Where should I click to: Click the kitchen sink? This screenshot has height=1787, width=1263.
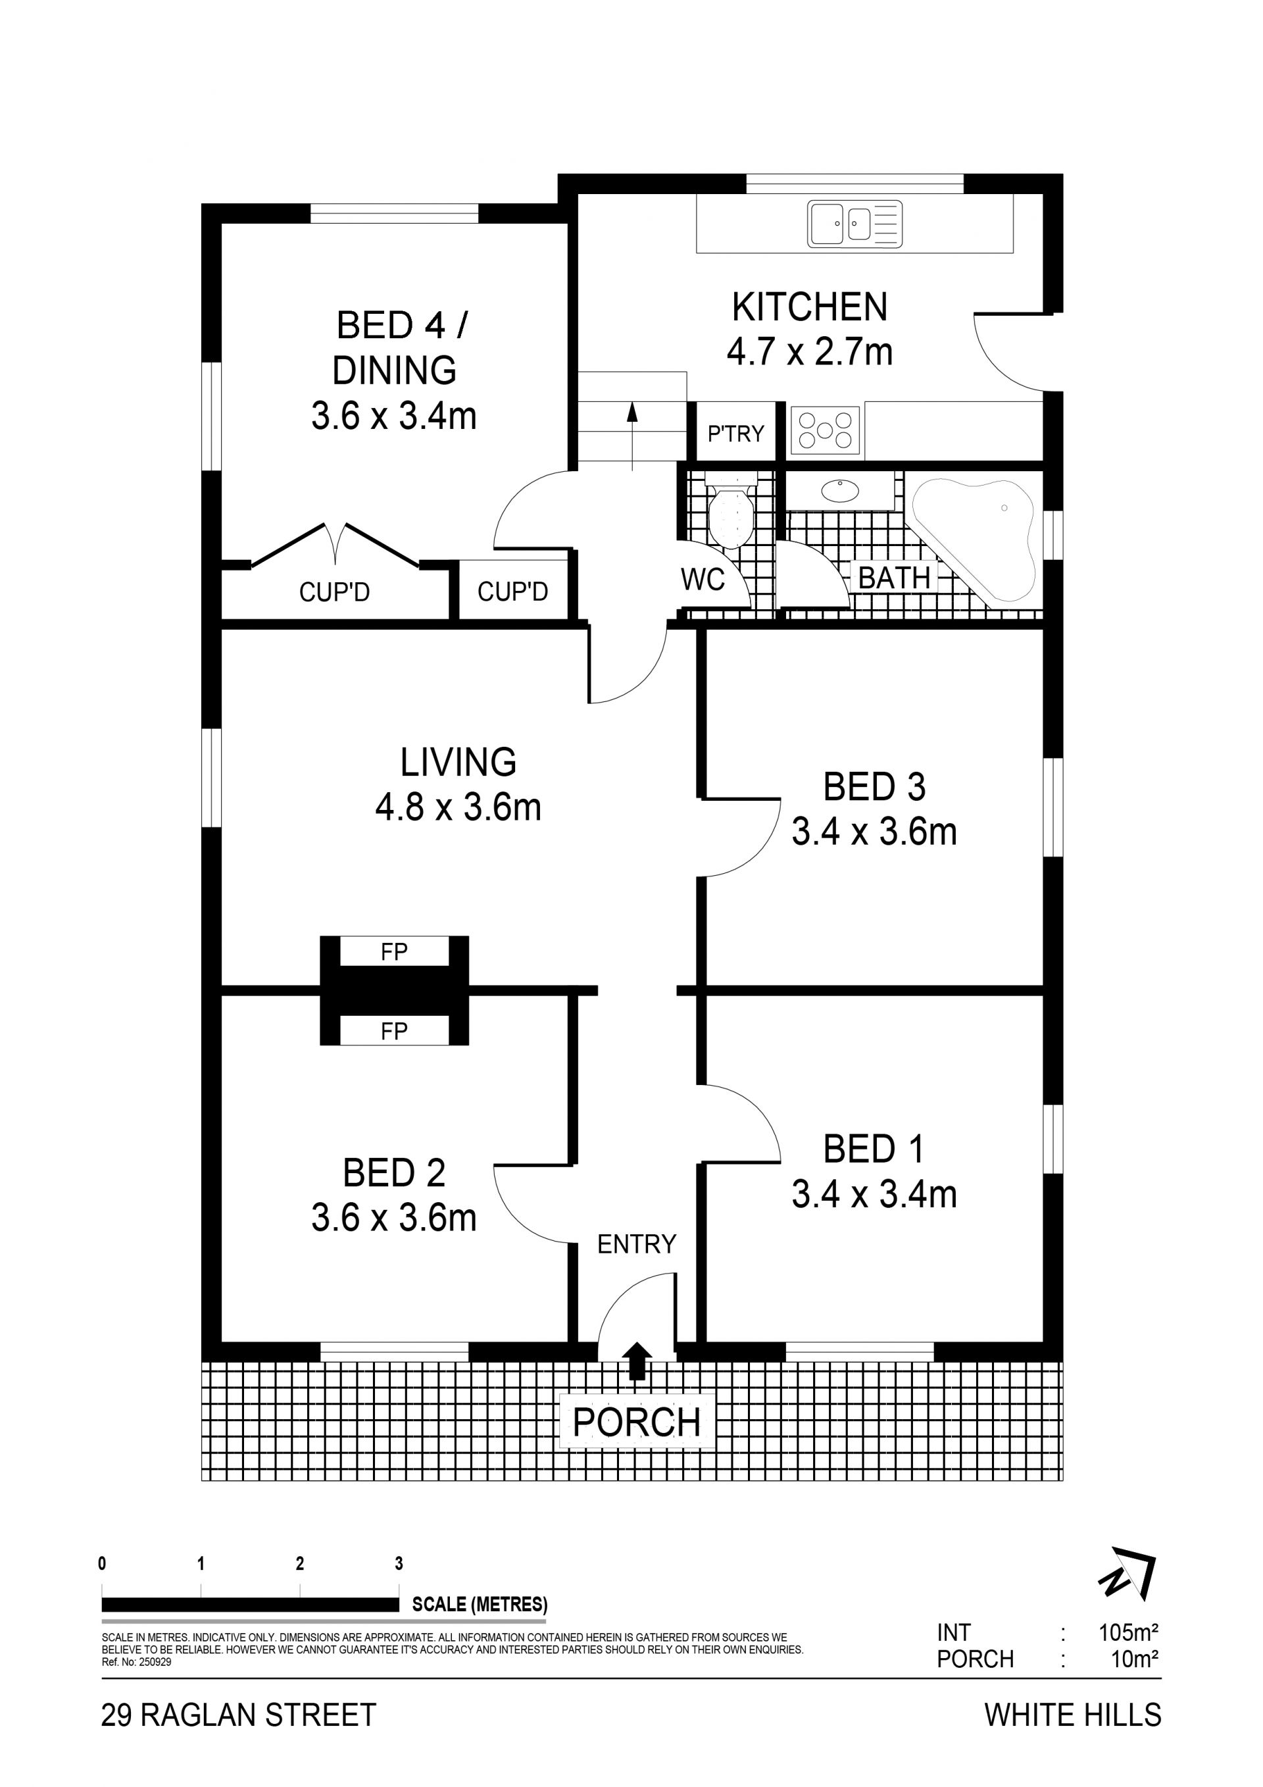coord(854,224)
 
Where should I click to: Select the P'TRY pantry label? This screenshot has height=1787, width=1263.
coord(735,433)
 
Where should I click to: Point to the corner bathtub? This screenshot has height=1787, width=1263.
coord(974,538)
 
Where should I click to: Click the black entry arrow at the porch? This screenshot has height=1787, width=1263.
coord(637,1361)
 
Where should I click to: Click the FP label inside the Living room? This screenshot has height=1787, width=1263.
coord(395,951)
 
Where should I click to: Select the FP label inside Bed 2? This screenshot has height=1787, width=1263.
coord(395,1031)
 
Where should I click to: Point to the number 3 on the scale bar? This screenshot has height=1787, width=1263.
coord(399,1563)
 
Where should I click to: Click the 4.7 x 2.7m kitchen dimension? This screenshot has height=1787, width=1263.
coord(810,352)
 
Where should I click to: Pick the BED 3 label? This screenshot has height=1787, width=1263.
coord(875,787)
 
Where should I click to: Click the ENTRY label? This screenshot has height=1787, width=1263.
coord(637,1245)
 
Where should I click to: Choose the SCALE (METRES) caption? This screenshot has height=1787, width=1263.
coord(480,1604)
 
